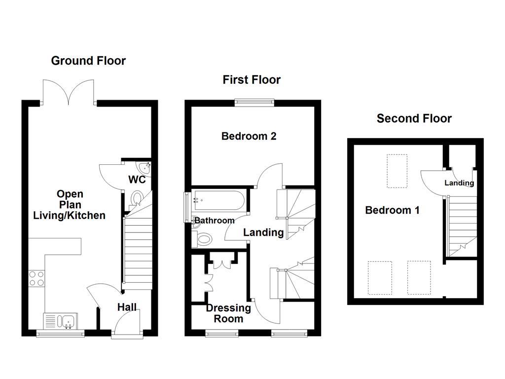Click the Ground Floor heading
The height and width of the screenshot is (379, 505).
[88, 61]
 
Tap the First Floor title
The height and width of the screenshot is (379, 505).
[252, 80]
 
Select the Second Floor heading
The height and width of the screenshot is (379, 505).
[414, 118]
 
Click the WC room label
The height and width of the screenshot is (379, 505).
[137, 180]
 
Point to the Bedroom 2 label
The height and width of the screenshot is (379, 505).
[249, 136]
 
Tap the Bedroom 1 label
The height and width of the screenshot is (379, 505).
[392, 210]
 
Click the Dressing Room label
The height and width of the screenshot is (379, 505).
[228, 313]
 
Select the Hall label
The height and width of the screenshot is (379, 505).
[127, 307]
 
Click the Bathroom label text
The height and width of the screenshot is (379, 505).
[214, 221]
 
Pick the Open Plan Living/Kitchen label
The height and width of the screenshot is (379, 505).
[69, 205]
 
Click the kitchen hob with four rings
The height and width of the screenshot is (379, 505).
[36, 278]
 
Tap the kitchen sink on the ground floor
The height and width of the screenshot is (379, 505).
[60, 322]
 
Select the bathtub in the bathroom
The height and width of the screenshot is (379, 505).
[217, 200]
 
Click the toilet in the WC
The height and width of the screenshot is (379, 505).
[138, 199]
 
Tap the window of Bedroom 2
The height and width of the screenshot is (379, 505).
[254, 103]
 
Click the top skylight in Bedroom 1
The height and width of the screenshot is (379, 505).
[397, 171]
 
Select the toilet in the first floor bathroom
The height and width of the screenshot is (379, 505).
[203, 239]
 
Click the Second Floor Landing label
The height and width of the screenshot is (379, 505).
[459, 183]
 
